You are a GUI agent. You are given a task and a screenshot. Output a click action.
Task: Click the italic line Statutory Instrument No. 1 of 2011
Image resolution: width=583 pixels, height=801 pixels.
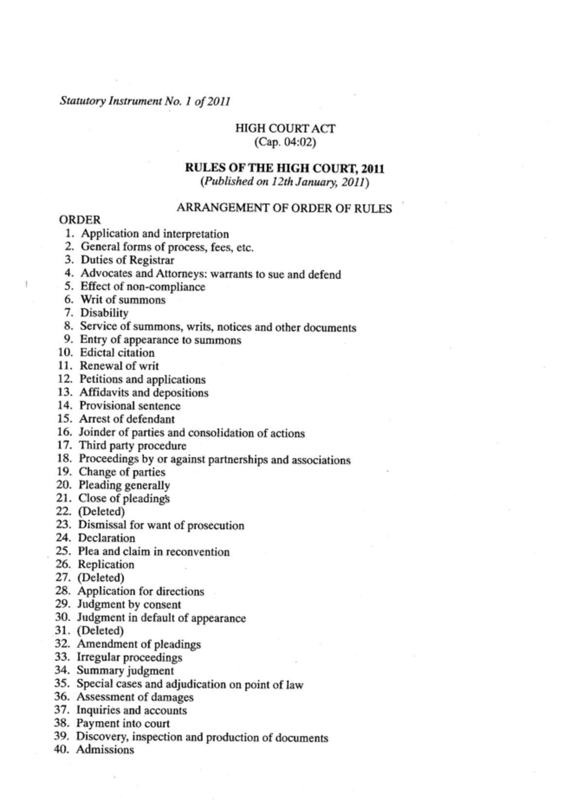click(x=145, y=102)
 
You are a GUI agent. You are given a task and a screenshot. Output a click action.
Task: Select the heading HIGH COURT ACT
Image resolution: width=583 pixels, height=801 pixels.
click(x=285, y=129)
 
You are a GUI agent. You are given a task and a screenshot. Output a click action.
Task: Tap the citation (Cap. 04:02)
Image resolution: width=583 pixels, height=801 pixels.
click(x=285, y=142)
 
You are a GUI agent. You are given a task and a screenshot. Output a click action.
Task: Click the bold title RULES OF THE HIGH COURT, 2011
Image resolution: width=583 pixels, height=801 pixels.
click(x=285, y=169)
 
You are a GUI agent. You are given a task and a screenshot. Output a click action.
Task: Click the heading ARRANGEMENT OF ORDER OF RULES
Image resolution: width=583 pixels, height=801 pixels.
click(x=284, y=208)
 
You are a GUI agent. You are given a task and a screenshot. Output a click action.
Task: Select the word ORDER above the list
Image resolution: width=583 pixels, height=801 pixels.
click(x=80, y=220)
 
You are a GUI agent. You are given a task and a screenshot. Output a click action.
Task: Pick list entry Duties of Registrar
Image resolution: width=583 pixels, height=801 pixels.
click(x=127, y=260)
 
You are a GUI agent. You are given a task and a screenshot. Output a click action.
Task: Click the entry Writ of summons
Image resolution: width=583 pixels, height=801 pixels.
click(x=122, y=300)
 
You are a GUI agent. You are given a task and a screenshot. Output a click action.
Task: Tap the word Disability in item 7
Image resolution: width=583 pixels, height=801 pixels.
click(x=104, y=313)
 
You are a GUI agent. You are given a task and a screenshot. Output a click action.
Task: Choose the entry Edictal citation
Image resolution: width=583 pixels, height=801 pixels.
click(x=117, y=353)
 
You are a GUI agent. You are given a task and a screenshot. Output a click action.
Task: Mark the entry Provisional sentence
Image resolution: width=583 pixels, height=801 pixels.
click(x=130, y=406)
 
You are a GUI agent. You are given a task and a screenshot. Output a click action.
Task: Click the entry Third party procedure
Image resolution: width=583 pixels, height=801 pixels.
click(x=133, y=445)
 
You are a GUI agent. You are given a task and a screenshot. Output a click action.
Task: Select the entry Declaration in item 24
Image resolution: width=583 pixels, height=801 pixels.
click(x=106, y=538)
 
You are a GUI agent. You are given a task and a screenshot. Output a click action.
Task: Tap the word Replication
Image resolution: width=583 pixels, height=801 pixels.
click(x=106, y=564)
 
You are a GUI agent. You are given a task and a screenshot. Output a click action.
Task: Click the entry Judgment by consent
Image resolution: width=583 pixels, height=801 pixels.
click(x=129, y=604)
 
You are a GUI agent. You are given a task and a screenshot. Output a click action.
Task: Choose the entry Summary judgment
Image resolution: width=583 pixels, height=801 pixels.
click(x=125, y=670)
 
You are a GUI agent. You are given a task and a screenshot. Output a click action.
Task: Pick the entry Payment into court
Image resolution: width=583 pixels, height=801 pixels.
click(x=123, y=723)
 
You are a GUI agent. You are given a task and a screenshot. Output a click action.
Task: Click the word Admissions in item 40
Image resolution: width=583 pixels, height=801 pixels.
click(x=105, y=750)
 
